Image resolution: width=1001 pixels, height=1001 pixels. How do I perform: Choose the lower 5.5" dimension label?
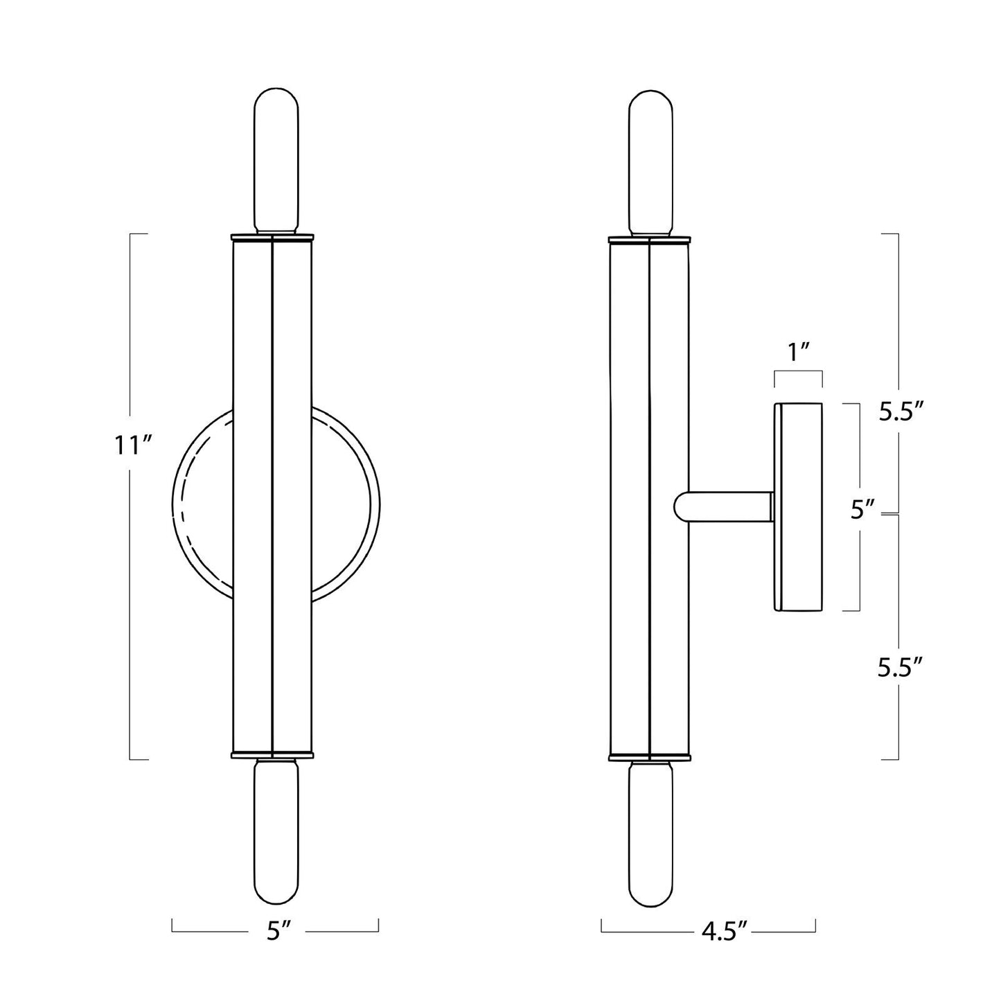tap(901, 667)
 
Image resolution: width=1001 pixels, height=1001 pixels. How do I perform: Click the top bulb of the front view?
tap(275, 161)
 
